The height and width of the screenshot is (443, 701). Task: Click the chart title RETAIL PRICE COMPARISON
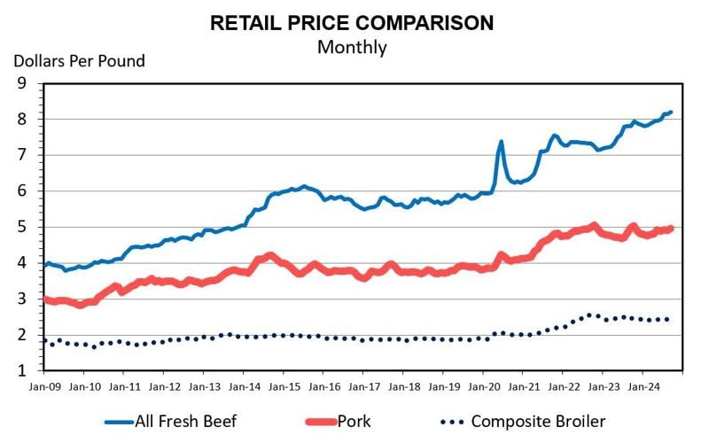point(352,23)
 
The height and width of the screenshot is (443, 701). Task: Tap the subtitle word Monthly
point(352,47)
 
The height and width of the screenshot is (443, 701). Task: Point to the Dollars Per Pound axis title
point(79,61)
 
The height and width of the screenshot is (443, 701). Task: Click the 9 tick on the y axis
point(22,83)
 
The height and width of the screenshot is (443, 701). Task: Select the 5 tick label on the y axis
point(22,227)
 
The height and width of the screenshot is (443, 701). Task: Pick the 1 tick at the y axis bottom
point(22,370)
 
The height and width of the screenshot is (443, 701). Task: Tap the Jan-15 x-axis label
point(284,386)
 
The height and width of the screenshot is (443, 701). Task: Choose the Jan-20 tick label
point(484,386)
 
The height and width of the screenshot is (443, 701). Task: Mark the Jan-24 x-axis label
point(644,386)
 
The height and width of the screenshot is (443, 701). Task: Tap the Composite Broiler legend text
point(538,422)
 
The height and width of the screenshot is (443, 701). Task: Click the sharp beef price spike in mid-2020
point(502,142)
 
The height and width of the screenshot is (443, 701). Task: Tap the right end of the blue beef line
point(672,113)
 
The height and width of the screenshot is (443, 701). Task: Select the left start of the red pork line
point(45,299)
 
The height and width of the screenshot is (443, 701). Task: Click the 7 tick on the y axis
point(22,155)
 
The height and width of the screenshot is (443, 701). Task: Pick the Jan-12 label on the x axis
point(164,386)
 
